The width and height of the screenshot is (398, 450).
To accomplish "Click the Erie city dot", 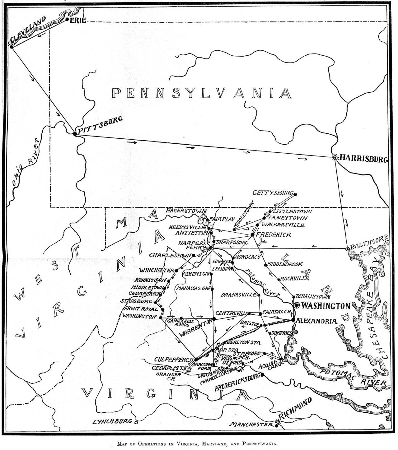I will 67,19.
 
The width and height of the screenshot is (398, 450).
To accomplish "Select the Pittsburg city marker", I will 75,134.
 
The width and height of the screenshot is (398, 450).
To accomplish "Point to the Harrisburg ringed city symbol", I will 335,157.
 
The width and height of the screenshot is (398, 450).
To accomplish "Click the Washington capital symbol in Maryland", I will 297,305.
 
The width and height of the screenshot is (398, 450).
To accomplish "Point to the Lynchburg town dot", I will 136,422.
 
